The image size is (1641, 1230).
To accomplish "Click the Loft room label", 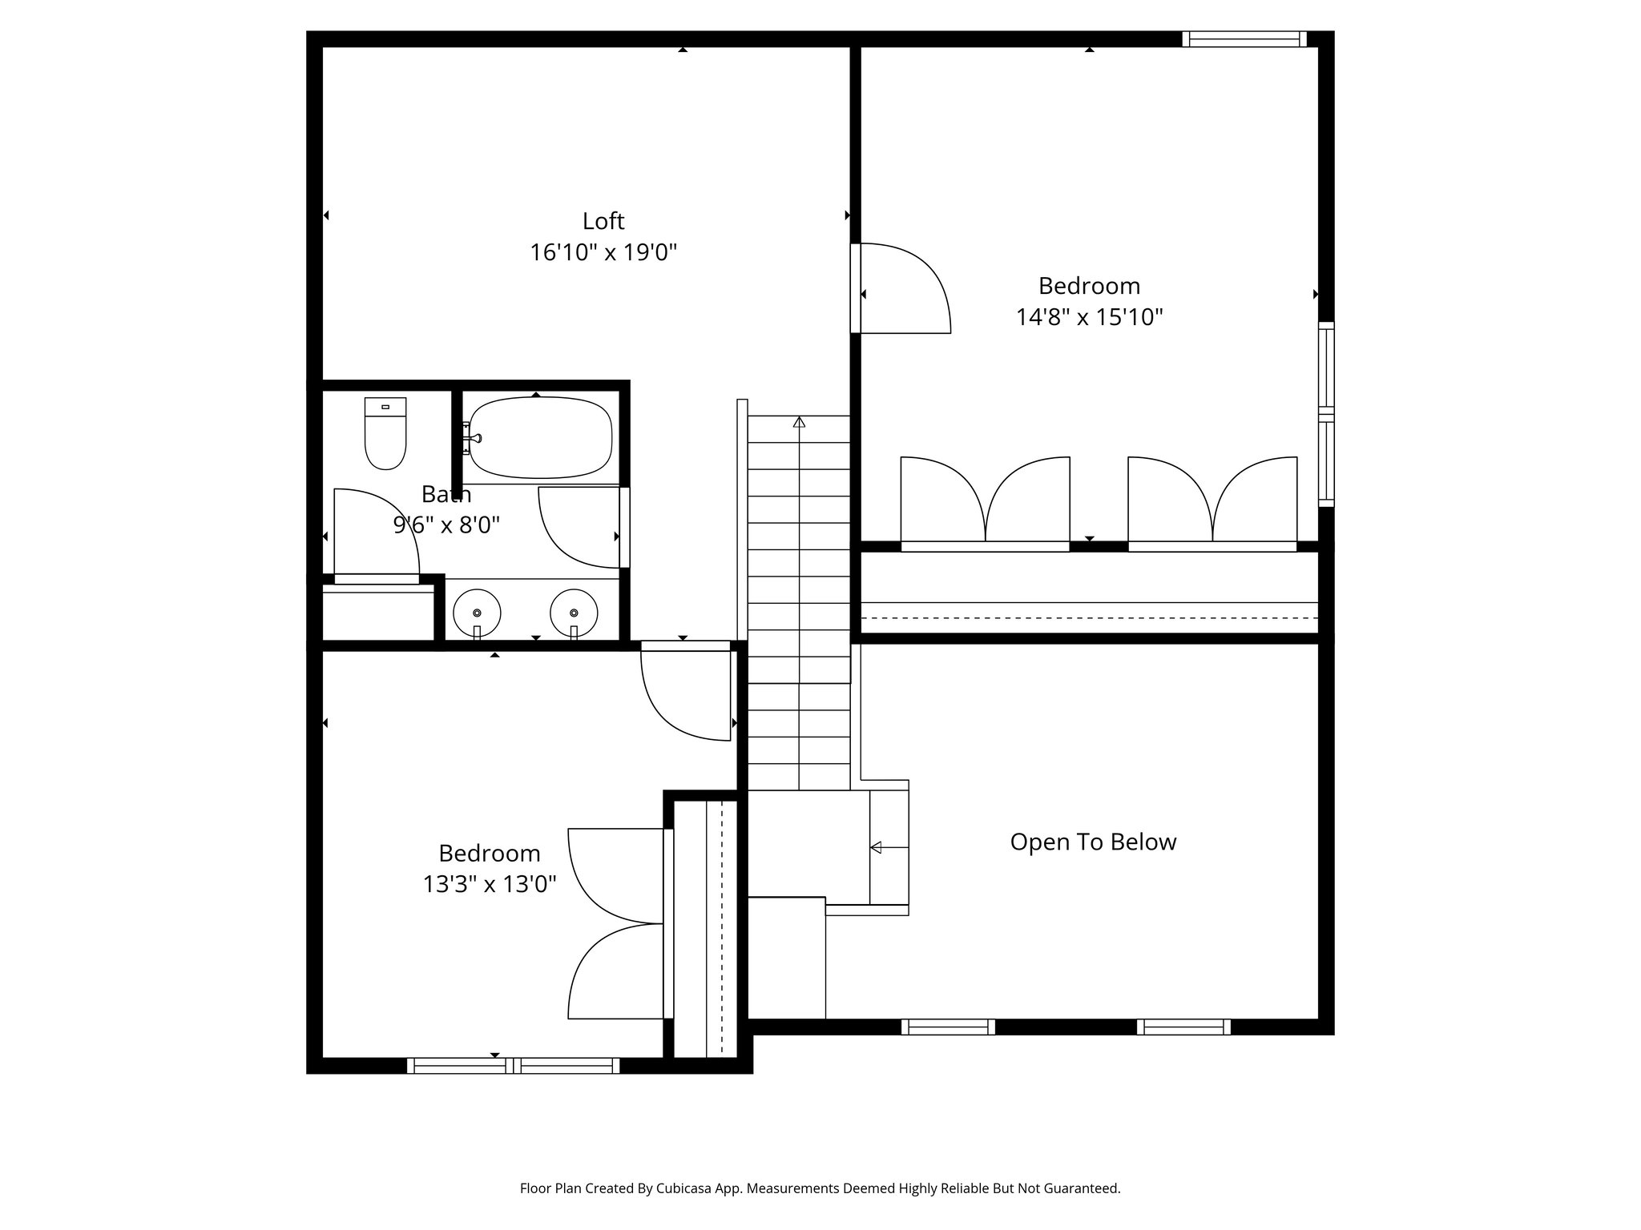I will (x=603, y=220).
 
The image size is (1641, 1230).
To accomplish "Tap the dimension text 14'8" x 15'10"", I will (x=1089, y=317).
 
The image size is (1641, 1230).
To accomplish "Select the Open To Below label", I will (x=1092, y=842).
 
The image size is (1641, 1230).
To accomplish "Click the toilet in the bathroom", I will (x=385, y=433).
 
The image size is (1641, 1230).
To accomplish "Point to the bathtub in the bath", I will (x=540, y=437).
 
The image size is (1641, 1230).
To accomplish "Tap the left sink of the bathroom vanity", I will (x=477, y=613).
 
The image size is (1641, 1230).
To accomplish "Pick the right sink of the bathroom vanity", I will (x=574, y=613).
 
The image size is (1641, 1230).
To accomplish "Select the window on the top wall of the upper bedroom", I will (x=1244, y=38).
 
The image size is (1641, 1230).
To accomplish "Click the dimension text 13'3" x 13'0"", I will (x=489, y=884).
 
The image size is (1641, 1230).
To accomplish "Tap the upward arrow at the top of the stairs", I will (x=799, y=421).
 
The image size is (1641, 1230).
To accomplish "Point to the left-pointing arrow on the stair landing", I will (x=876, y=847).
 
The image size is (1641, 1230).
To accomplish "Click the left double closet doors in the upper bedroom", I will (x=985, y=501).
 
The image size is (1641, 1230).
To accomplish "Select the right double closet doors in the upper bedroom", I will (x=1212, y=501).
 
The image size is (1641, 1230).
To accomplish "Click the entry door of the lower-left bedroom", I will (x=685, y=693).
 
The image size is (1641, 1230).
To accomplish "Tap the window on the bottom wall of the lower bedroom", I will (x=513, y=1065).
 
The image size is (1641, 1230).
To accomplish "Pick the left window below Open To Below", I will (x=948, y=1027).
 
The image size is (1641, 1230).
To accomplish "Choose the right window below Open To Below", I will (x=1183, y=1027).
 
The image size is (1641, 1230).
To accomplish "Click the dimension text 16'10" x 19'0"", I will (x=603, y=253).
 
